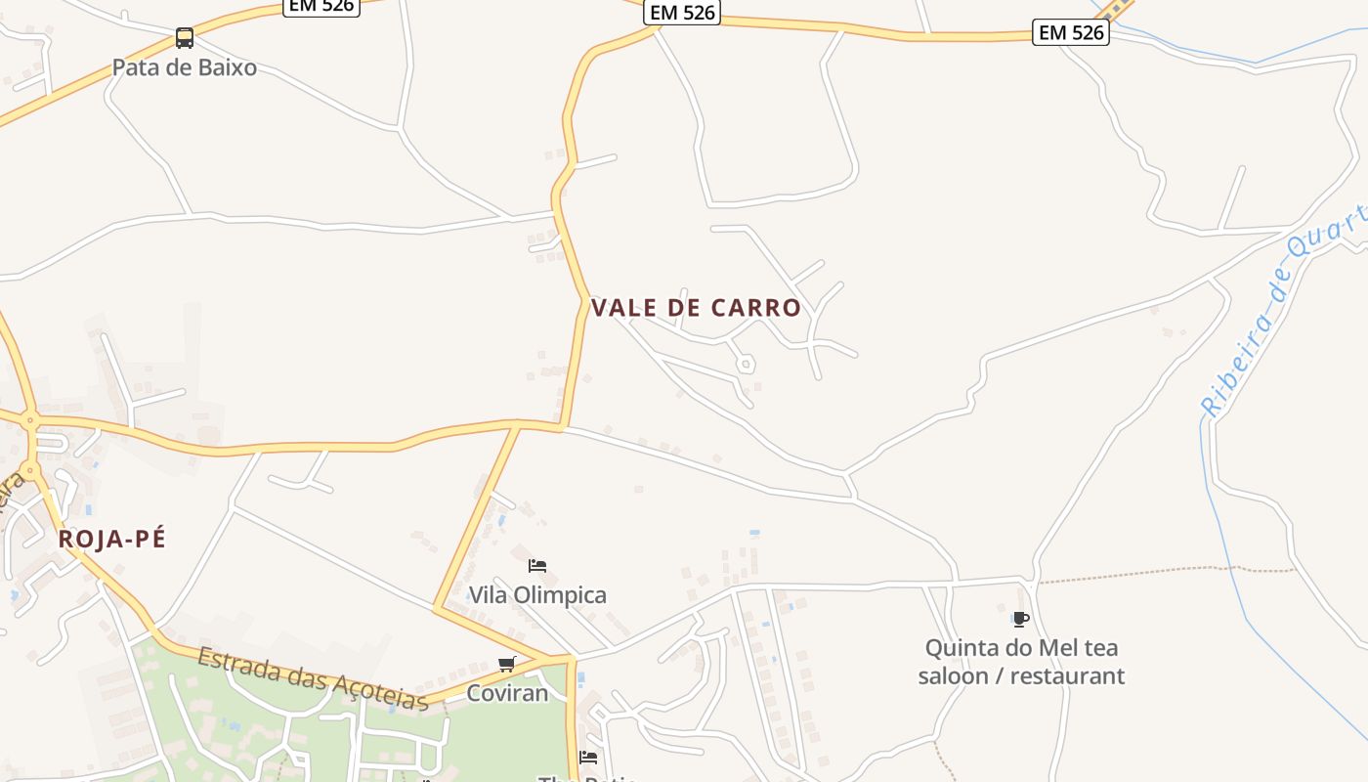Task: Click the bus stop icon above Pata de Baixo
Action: click(x=185, y=38)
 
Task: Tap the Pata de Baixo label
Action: click(x=185, y=67)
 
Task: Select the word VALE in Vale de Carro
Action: click(x=625, y=308)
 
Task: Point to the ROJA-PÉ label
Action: click(x=112, y=539)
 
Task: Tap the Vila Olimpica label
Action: click(x=537, y=594)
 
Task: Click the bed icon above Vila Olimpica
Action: click(x=537, y=565)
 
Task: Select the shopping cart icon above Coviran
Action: click(x=506, y=665)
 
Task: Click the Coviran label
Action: click(x=507, y=693)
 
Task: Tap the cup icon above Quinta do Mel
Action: click(x=1021, y=619)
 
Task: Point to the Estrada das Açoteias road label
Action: click(x=313, y=678)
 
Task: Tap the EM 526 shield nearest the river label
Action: click(x=1071, y=32)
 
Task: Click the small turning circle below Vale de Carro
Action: click(x=746, y=364)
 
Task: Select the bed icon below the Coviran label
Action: click(x=588, y=757)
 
